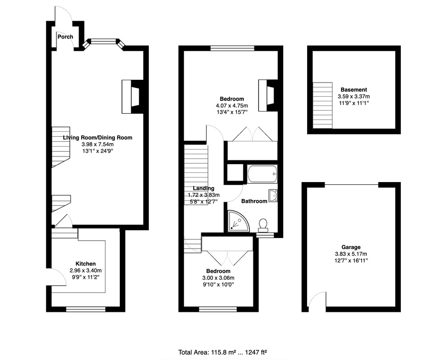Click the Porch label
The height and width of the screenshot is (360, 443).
pyautogui.click(x=65, y=37)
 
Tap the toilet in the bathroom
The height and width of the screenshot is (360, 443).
pyautogui.click(x=264, y=225)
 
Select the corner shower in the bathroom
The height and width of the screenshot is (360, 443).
pyautogui.click(x=239, y=221)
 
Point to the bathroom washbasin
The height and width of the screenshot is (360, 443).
pyautogui.click(x=273, y=196)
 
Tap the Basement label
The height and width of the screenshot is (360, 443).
pyautogui.click(x=354, y=90)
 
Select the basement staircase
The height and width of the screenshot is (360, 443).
pyautogui.click(x=323, y=105)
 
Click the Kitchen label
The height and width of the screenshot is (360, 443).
pyautogui.click(x=85, y=264)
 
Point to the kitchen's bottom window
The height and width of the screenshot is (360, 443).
pyautogui.click(x=85, y=309)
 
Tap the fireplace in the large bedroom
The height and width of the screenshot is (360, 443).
pyautogui.click(x=268, y=95)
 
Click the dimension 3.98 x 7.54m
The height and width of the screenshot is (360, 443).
pyautogui.click(x=98, y=144)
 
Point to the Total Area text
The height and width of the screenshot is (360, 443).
pyautogui.click(x=223, y=352)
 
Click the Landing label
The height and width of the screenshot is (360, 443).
pyautogui.click(x=203, y=188)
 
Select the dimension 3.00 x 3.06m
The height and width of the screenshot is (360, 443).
pyautogui.click(x=218, y=278)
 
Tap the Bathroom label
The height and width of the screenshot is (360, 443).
pyautogui.click(x=254, y=201)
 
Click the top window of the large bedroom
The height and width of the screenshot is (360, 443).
pyautogui.click(x=233, y=48)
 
